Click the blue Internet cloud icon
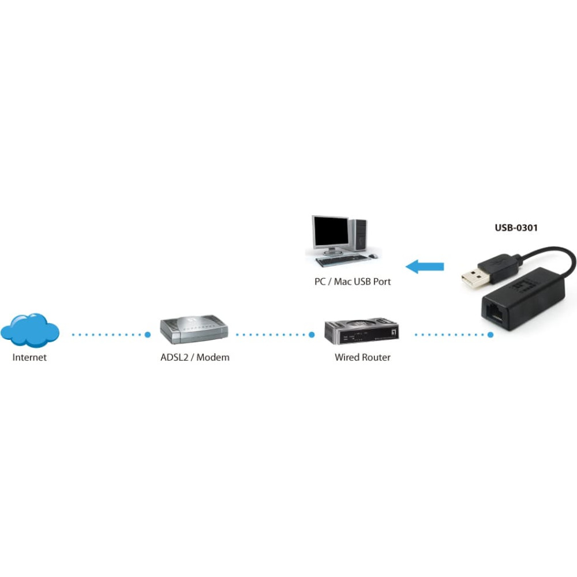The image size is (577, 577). (30, 330)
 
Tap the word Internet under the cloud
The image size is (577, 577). (29, 357)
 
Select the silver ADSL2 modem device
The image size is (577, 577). (194, 329)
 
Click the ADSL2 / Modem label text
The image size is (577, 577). (194, 357)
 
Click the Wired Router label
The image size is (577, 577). (362, 357)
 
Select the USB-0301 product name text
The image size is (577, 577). (516, 228)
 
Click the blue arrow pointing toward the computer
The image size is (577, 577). (425, 267)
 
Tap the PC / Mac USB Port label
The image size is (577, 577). (353, 282)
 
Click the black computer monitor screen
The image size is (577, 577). (331, 232)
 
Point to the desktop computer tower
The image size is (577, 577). (358, 235)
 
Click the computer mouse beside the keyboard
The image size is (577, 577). (373, 256)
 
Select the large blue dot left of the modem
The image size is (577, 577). (148, 335)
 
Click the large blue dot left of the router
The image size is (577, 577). (312, 335)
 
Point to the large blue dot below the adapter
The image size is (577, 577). (490, 335)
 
